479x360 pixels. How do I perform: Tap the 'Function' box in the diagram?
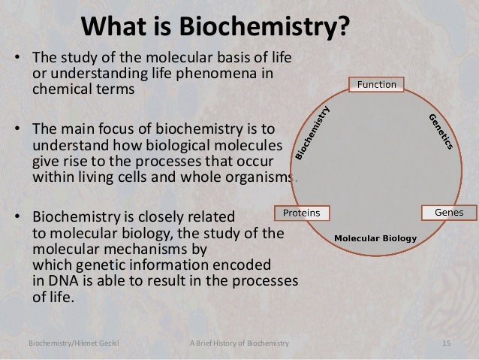tap(376, 84)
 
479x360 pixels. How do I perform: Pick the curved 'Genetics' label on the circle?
tap(440, 131)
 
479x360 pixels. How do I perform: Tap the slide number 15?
tap(447, 343)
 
